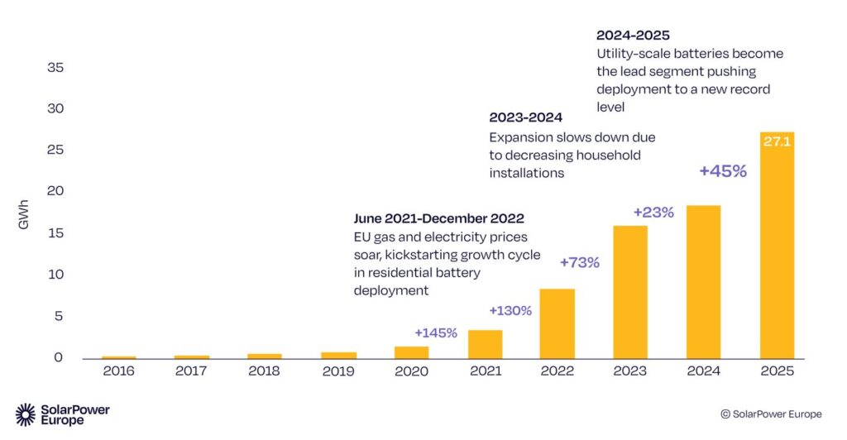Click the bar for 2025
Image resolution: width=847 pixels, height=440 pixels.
pos(777,248)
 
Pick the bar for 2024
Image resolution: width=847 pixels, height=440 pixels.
pos(703,282)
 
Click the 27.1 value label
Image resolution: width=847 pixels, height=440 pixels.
pos(777,141)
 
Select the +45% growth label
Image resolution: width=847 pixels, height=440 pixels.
pos(722,171)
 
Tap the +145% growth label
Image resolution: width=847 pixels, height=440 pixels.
pos(436,332)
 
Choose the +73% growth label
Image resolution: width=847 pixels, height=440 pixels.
pos(579,262)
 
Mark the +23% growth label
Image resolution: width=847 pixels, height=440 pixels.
pos(653,212)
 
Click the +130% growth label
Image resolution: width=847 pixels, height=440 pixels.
pos(510,311)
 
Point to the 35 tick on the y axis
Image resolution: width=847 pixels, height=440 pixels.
pos(55,68)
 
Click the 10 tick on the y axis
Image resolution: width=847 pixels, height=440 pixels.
pos(55,275)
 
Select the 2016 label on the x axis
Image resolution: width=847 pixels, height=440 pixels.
pos(119,371)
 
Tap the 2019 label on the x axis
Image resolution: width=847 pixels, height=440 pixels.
pos(338,371)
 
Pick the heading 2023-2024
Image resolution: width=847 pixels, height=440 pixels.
pos(525,117)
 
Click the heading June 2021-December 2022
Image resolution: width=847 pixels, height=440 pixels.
pos(438,219)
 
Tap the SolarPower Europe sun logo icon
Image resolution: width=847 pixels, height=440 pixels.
pos(26,414)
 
